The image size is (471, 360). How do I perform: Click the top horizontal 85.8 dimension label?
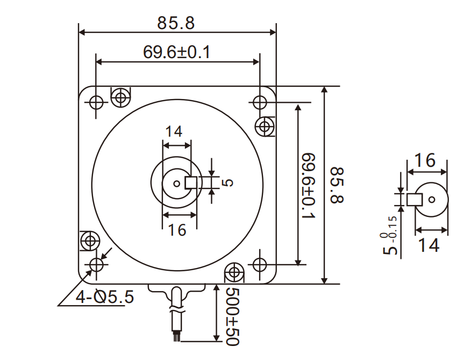[176, 23]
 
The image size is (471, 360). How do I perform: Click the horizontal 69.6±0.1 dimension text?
[176, 52]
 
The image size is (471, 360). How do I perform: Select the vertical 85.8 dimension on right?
[337, 185]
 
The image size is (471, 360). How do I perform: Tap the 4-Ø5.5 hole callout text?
[104, 297]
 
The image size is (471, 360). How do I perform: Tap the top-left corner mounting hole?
[96, 101]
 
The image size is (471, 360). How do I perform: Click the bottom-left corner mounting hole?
[96, 264]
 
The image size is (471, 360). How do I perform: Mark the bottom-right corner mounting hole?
[260, 264]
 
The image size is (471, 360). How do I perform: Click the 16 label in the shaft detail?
[425, 161]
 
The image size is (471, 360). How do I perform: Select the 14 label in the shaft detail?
[429, 245]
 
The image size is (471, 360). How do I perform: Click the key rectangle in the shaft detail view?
[414, 200]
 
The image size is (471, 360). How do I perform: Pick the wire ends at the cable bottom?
[176, 336]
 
